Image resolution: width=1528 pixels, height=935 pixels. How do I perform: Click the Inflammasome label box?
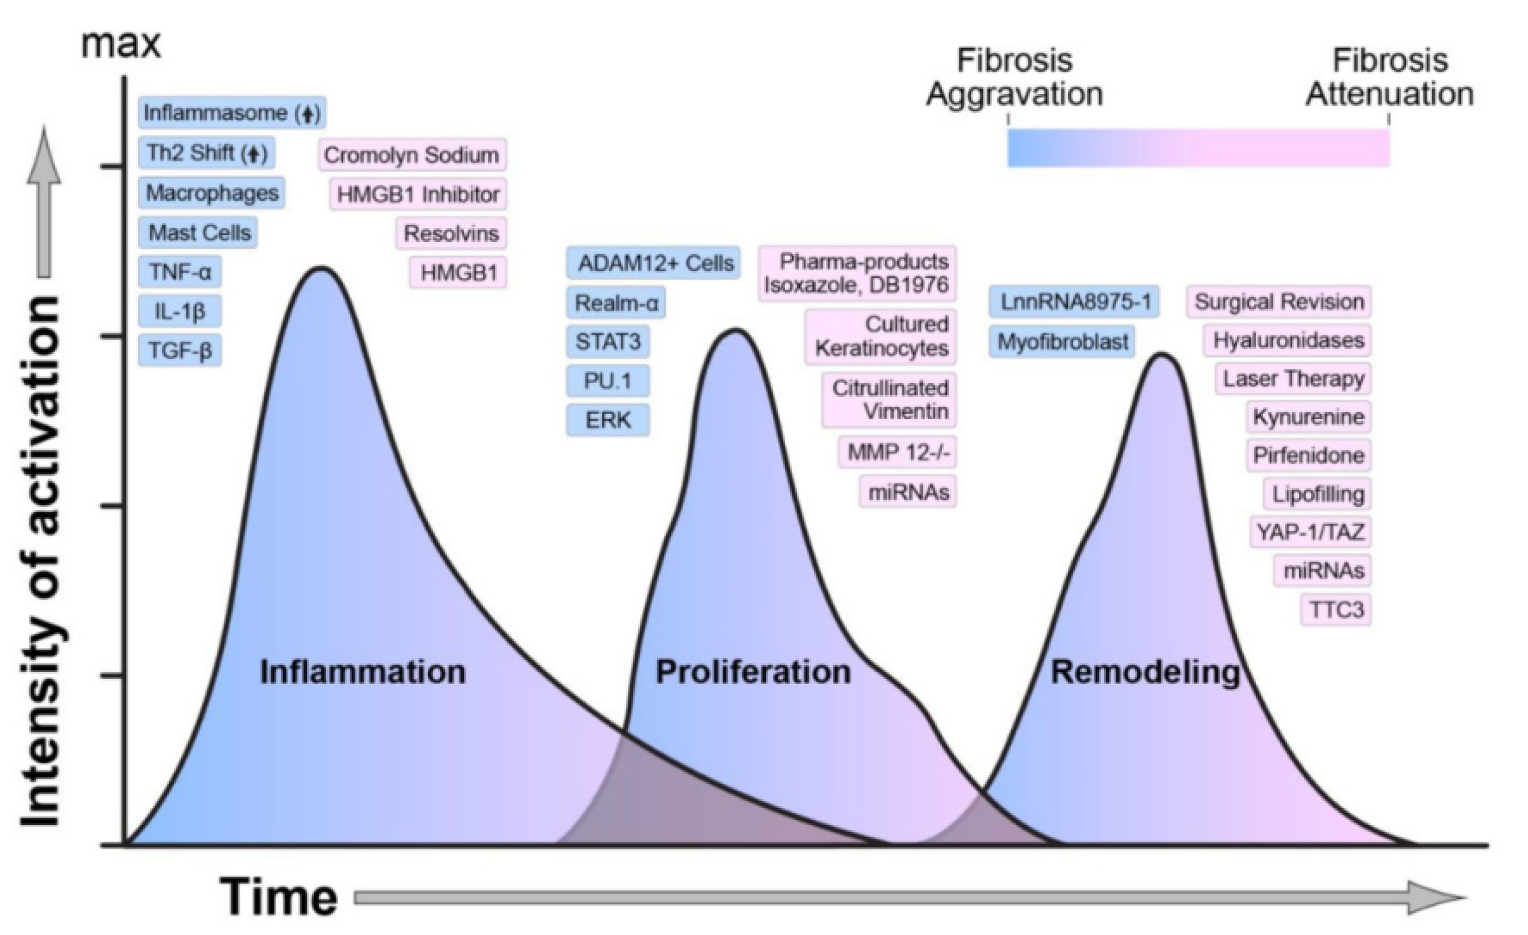click(x=231, y=113)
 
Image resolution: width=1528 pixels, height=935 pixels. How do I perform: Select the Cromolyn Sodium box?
click(x=412, y=154)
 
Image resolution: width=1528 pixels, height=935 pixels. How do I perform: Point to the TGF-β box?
click(x=180, y=350)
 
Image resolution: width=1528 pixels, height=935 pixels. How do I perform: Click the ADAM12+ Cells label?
click(x=655, y=263)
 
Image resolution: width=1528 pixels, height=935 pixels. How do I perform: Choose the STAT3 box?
click(x=608, y=342)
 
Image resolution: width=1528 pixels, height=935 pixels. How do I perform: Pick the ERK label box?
click(x=608, y=420)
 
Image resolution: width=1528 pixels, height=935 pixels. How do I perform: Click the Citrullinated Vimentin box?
click(x=889, y=400)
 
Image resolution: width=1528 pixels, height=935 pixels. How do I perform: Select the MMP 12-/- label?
click(x=897, y=452)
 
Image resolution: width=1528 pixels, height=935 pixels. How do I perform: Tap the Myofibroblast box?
click(x=1062, y=342)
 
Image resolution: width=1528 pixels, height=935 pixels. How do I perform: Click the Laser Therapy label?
click(x=1293, y=379)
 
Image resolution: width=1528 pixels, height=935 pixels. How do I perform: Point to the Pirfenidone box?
click(x=1308, y=455)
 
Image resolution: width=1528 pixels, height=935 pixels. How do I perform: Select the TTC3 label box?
click(x=1336, y=610)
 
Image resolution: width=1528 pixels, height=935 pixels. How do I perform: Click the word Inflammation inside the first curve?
click(x=363, y=671)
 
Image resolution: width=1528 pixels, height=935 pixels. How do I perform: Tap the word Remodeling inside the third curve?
click(x=1145, y=671)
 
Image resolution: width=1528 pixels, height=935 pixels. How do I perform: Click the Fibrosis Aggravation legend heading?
click(x=1014, y=77)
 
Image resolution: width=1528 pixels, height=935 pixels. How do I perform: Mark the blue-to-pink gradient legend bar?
click(x=1198, y=147)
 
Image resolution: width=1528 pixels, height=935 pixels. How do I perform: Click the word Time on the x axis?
click(x=278, y=896)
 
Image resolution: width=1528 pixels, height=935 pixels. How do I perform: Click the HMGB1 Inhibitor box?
click(x=418, y=194)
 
